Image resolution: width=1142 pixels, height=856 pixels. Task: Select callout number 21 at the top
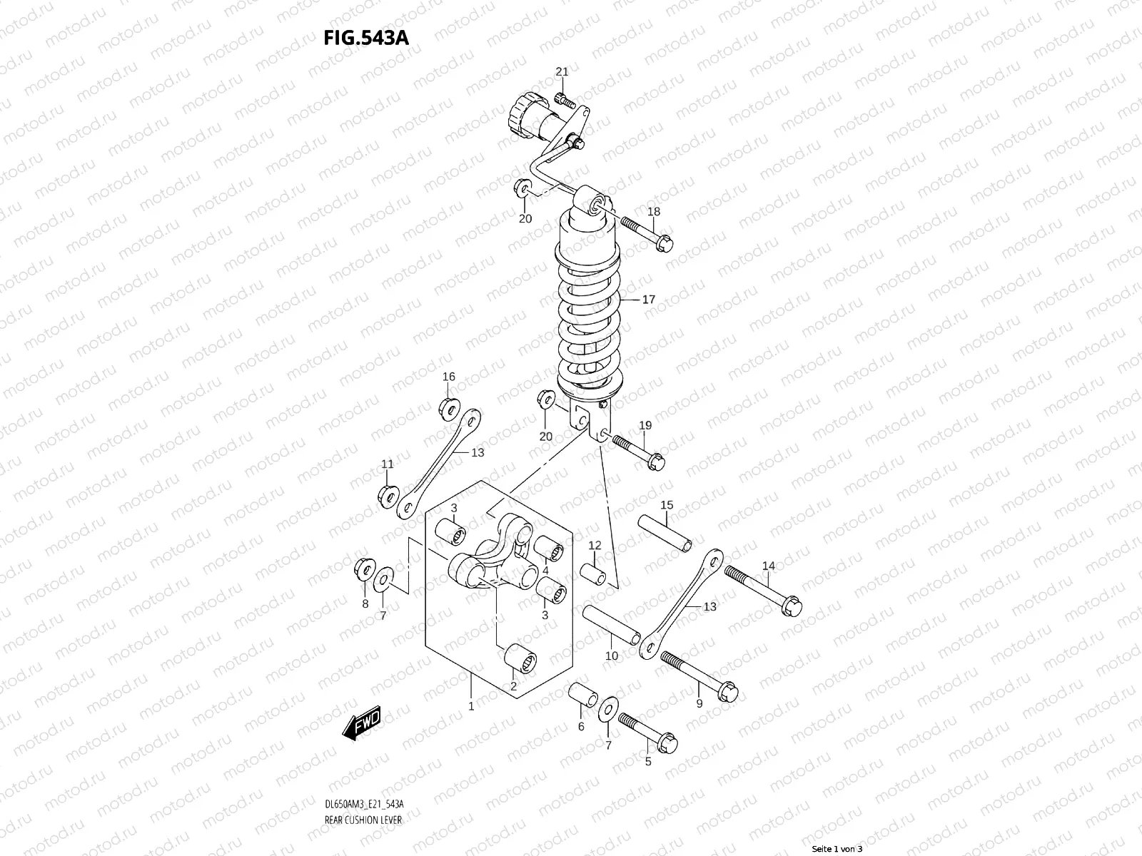point(562,71)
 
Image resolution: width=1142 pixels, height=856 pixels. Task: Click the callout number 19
point(645,426)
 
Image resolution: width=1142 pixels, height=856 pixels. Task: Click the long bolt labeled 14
point(764,590)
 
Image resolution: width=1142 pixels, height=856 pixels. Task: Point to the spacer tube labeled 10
point(612,624)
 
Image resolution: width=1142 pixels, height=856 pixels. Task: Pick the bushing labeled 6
point(581,695)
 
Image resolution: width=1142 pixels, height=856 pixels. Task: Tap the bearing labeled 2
point(520,660)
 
